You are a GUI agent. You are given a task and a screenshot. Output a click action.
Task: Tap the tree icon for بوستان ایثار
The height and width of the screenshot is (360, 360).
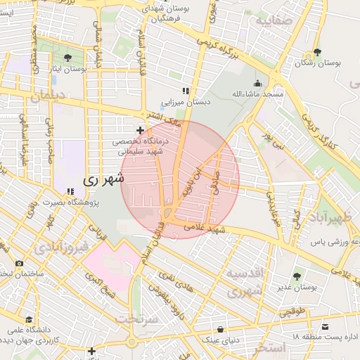point(67,58)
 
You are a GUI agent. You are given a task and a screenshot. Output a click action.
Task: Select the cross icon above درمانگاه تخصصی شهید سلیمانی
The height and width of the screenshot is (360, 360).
point(140,130)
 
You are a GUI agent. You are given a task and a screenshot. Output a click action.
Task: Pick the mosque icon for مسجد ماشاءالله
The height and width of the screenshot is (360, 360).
point(257,83)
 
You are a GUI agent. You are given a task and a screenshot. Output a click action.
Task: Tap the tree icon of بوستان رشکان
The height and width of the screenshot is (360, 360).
point(318,52)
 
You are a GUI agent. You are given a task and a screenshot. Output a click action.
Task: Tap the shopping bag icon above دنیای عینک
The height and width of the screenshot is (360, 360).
point(221,329)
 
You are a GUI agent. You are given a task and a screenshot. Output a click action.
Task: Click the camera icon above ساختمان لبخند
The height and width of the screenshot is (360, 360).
point(19,263)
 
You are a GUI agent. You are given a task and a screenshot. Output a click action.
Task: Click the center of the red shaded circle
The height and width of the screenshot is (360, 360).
point(180,180)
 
